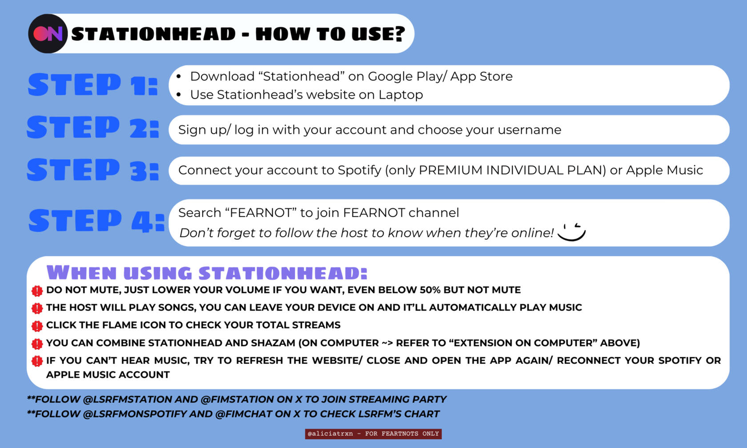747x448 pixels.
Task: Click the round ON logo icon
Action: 48,34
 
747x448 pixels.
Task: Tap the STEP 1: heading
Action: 93,85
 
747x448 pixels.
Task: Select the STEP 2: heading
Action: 93,127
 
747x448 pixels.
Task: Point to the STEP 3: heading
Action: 93,170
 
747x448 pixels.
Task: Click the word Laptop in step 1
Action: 401,95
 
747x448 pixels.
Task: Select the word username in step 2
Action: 530,130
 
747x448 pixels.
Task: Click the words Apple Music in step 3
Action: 664,170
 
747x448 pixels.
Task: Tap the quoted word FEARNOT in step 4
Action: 261,213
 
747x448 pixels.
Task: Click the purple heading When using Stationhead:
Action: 207,273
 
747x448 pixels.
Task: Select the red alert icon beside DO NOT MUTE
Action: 37,291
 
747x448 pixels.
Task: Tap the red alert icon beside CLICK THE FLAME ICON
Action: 37,326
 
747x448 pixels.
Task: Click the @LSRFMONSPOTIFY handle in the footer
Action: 135,414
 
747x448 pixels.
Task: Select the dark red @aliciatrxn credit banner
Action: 373,434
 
